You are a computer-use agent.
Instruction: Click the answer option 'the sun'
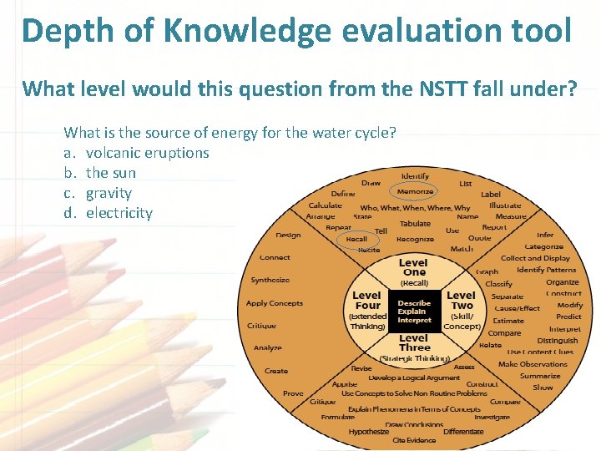tap(110, 173)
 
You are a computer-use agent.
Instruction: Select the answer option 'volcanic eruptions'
tap(147, 153)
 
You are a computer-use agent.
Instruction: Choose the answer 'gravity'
tap(109, 193)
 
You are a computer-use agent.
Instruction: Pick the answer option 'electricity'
tap(119, 213)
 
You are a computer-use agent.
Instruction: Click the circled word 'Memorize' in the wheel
tap(415, 191)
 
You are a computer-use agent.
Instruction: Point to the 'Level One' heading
tap(414, 267)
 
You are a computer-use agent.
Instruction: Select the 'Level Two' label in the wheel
tap(461, 300)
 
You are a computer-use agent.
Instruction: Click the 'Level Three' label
tap(414, 342)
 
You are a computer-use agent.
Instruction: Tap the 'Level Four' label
tap(366, 300)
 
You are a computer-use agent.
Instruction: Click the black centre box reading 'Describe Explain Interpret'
tap(414, 312)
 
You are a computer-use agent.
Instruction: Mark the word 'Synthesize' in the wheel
tap(270, 280)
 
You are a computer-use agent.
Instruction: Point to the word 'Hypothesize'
tap(369, 432)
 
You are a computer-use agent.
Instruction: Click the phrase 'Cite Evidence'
tap(415, 440)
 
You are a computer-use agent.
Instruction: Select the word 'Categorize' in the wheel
tap(543, 247)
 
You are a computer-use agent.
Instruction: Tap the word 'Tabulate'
tap(415, 223)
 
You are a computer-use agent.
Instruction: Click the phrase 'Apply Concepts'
tap(275, 303)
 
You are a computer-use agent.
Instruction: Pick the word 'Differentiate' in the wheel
tap(463, 432)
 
